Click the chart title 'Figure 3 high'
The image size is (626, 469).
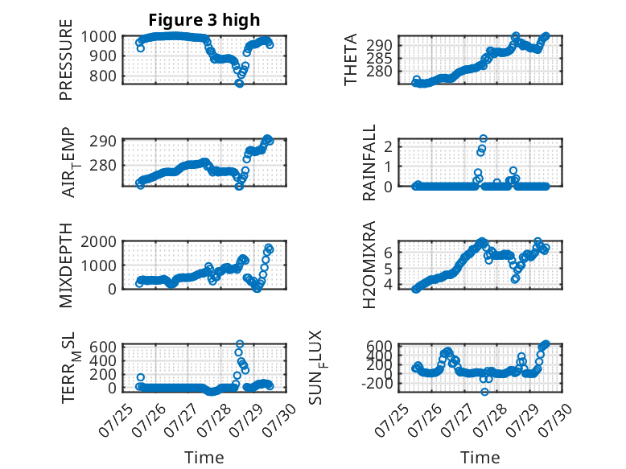click(204, 20)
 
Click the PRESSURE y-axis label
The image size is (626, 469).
click(66, 60)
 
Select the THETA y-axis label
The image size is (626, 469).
click(351, 60)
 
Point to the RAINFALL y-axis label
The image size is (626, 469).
click(369, 163)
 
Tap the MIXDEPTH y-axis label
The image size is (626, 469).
click(66, 265)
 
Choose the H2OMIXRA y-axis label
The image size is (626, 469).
click(369, 265)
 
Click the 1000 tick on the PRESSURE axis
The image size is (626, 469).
click(99, 37)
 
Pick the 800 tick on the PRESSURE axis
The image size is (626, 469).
click(103, 76)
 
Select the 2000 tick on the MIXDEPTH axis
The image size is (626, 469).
click(99, 241)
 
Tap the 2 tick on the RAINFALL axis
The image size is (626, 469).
click(388, 146)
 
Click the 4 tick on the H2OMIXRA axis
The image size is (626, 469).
click(388, 285)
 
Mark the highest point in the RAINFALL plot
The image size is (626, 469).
click(483, 138)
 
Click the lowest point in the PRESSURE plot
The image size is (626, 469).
click(239, 83)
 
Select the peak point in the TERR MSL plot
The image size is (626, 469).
click(240, 344)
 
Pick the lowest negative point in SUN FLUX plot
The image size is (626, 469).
click(484, 392)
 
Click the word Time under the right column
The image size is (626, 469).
click(480, 457)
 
